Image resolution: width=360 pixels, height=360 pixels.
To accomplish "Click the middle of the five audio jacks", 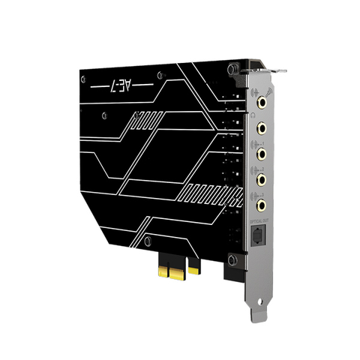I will click(x=262, y=154).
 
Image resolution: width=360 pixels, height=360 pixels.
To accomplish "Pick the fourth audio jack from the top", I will click(x=262, y=179).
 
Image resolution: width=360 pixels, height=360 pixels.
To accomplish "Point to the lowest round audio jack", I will click(x=262, y=202).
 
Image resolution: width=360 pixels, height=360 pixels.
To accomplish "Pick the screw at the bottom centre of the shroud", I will click(x=148, y=241).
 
